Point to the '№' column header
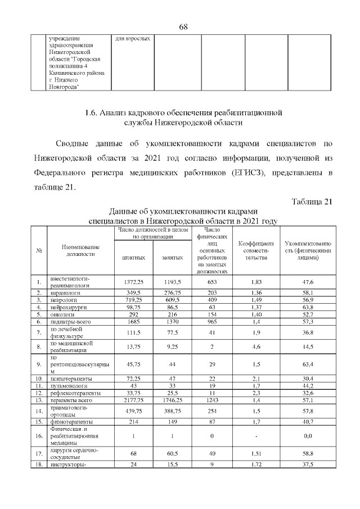point(39,250)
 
